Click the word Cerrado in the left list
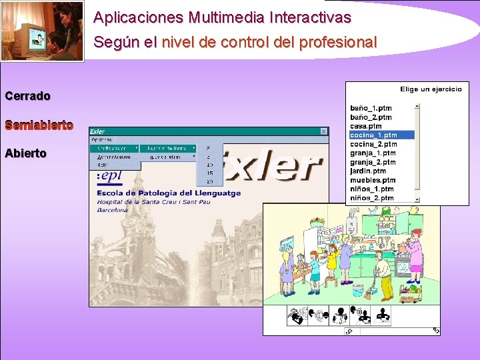(x=27, y=96)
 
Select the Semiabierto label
(x=39, y=125)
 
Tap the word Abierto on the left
(x=25, y=153)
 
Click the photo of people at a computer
(x=42, y=31)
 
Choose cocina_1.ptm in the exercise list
(x=373, y=135)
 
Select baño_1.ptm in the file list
(x=371, y=107)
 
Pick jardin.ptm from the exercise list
(x=367, y=171)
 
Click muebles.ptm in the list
(x=372, y=180)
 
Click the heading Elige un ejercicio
(x=430, y=89)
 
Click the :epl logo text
(x=109, y=177)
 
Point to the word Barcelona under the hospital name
(x=112, y=209)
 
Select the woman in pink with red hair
(x=414, y=250)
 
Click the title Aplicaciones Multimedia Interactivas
(x=221, y=17)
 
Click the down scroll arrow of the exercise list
(x=417, y=199)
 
